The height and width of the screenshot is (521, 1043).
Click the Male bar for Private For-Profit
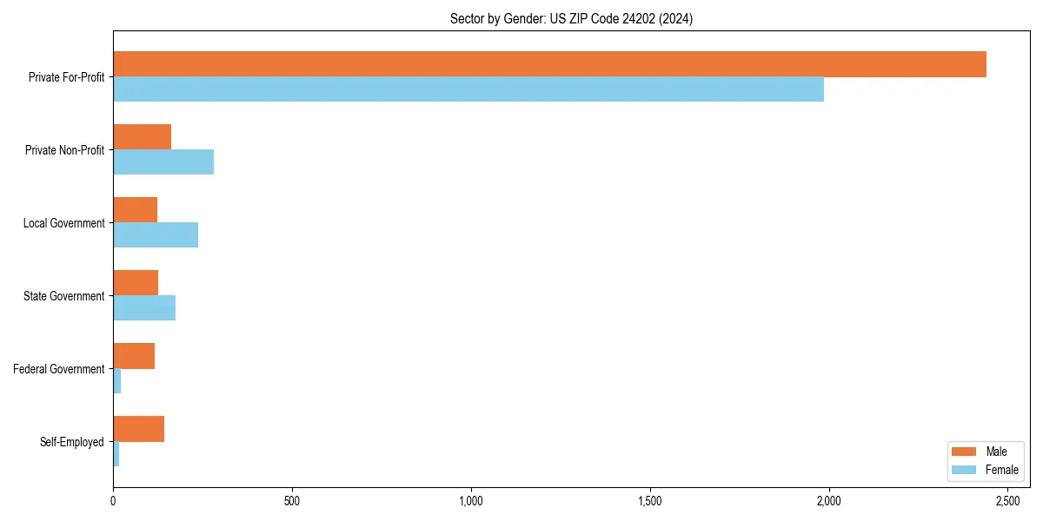pyautogui.click(x=549, y=64)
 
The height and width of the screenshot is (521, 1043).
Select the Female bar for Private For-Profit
pyautogui.click(x=468, y=89)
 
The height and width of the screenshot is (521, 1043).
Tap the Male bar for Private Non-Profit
pyautogui.click(x=142, y=137)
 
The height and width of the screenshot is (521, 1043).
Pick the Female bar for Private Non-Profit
pyautogui.click(x=163, y=162)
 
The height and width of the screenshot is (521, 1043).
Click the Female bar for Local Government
pyautogui.click(x=156, y=235)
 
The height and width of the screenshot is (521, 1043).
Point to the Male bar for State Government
pyautogui.click(x=136, y=283)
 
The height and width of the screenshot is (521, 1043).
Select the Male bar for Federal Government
pyautogui.click(x=134, y=356)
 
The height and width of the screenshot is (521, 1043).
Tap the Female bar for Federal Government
pyautogui.click(x=117, y=381)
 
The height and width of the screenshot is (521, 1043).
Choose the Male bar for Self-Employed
pyautogui.click(x=138, y=429)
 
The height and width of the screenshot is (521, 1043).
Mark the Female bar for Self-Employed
pyautogui.click(x=116, y=454)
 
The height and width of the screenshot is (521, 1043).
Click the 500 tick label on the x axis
pyautogui.click(x=292, y=501)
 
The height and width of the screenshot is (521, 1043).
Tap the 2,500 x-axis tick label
pyautogui.click(x=1007, y=501)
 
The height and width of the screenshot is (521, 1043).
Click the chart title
pyautogui.click(x=571, y=18)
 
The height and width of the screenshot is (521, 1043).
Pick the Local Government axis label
pyautogui.click(x=63, y=223)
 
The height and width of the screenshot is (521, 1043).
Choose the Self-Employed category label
pyautogui.click(x=71, y=442)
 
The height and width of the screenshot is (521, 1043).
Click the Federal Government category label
pyautogui.click(x=58, y=369)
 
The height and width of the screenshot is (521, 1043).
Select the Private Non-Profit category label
pyautogui.click(x=64, y=150)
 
